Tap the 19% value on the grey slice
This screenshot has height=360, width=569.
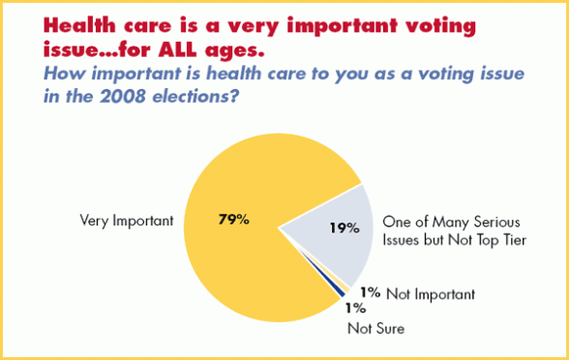344,229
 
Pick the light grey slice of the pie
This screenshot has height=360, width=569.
329,242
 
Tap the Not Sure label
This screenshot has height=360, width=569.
374,329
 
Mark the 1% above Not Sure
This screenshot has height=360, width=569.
355,309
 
